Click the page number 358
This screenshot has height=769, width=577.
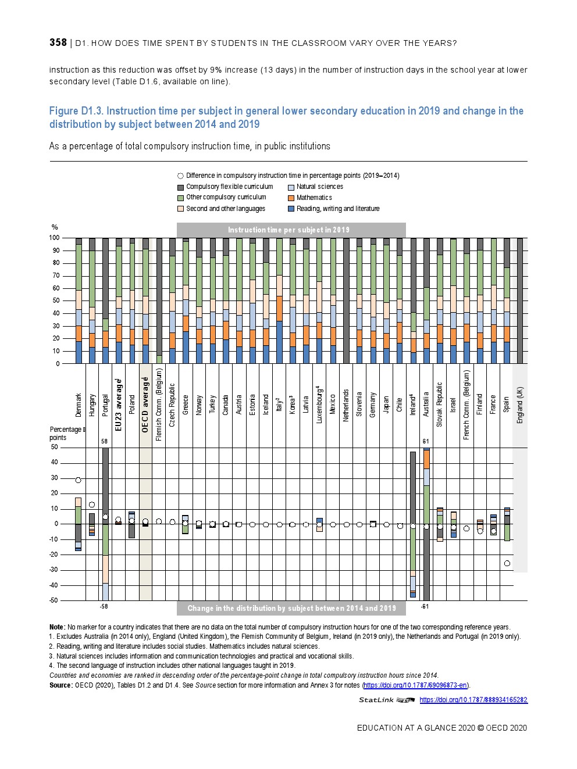58,42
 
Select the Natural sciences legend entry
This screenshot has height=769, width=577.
319,187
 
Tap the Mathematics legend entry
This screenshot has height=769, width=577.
314,198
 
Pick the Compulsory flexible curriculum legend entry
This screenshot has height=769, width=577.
229,187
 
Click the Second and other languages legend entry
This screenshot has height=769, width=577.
225,209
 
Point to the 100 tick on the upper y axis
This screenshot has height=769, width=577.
54,238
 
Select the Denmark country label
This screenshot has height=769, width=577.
79,405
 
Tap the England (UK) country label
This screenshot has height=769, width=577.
520,405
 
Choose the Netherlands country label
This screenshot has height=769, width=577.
346,405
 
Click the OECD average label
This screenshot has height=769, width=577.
145,405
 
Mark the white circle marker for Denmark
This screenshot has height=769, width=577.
79,480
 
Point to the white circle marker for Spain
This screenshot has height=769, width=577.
507,563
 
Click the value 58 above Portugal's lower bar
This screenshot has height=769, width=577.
105,441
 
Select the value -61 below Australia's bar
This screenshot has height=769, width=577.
425,606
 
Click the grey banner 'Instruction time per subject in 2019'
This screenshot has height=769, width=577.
291,230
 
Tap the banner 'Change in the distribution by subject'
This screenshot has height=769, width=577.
291,608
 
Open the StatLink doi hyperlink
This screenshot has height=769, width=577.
473,700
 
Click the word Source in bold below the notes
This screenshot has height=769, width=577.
61,685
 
